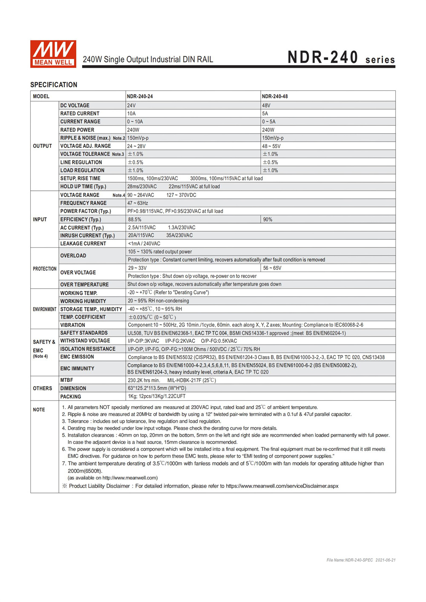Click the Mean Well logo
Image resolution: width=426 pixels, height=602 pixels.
tap(53, 54)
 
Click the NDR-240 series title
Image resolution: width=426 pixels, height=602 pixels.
tap(341, 58)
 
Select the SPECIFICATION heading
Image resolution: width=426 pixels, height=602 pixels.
tap(54, 85)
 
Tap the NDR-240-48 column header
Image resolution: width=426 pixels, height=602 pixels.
tap(275, 96)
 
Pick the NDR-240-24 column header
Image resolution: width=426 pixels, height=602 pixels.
tap(140, 96)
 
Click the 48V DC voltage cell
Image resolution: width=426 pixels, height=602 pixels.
tap(266, 105)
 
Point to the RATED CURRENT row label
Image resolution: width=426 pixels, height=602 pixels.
tap(80, 114)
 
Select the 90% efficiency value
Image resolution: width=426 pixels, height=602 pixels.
tap(268, 220)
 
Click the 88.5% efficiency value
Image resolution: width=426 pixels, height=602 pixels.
tap(135, 220)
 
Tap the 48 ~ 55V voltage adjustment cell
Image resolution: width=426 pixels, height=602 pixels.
tap(271, 146)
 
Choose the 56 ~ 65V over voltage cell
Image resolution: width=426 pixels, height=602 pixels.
tap(272, 268)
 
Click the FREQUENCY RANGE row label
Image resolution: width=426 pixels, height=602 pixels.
tap(83, 203)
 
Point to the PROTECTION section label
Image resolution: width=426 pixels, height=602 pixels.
tap(45, 269)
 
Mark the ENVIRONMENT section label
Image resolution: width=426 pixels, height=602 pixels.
tap(45, 309)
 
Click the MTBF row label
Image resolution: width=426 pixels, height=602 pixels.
tap(66, 380)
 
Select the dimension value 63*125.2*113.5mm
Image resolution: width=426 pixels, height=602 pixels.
tap(157, 388)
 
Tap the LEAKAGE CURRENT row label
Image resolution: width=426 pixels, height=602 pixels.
tap(83, 244)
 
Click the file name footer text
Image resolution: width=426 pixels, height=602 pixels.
tap(361, 560)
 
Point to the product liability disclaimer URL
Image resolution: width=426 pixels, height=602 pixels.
tap(282, 486)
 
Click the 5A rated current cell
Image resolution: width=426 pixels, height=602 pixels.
tap(265, 114)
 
